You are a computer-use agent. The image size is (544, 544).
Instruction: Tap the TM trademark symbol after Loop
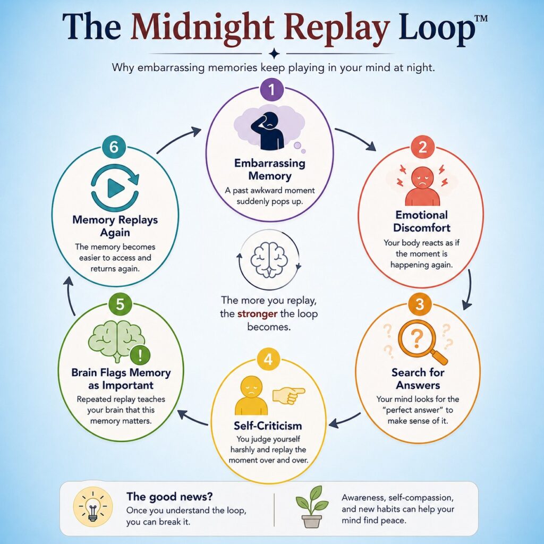pyautogui.click(x=480, y=19)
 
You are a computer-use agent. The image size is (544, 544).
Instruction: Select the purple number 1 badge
pyautogui.click(x=271, y=90)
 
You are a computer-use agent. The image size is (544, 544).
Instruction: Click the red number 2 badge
pyautogui.click(x=422, y=147)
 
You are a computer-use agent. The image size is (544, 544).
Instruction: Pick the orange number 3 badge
pyautogui.click(x=420, y=304)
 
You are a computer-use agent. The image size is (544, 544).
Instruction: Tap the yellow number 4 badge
pyautogui.click(x=268, y=360)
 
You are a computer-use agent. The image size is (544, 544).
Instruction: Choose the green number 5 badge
pyautogui.click(x=120, y=304)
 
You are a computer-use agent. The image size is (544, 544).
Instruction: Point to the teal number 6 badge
pyautogui.click(x=114, y=147)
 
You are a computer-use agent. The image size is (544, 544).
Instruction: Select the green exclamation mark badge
pyautogui.click(x=140, y=355)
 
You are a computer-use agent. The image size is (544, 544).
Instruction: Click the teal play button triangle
pyautogui.click(x=115, y=189)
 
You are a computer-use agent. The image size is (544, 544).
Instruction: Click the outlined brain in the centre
pyautogui.click(x=269, y=259)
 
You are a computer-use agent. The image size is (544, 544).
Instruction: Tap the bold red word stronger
pyautogui.click(x=257, y=314)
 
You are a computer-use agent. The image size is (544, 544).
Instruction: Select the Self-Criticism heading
pyautogui.click(x=268, y=426)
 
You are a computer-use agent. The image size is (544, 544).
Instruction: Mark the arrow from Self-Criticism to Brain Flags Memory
pyautogui.click(x=193, y=418)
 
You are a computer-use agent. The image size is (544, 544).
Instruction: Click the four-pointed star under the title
pyautogui.click(x=274, y=54)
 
